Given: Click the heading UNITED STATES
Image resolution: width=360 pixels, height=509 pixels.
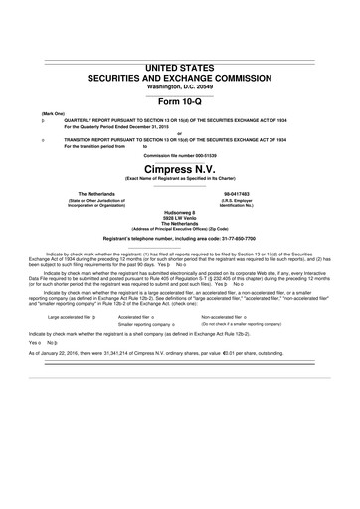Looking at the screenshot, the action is coord(180,68).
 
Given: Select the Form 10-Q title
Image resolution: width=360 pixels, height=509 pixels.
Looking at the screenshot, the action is coord(180,102).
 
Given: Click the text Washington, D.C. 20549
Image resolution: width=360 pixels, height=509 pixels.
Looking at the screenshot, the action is coord(180,87).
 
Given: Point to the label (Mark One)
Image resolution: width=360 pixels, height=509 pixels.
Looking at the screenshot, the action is coord(54,114).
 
